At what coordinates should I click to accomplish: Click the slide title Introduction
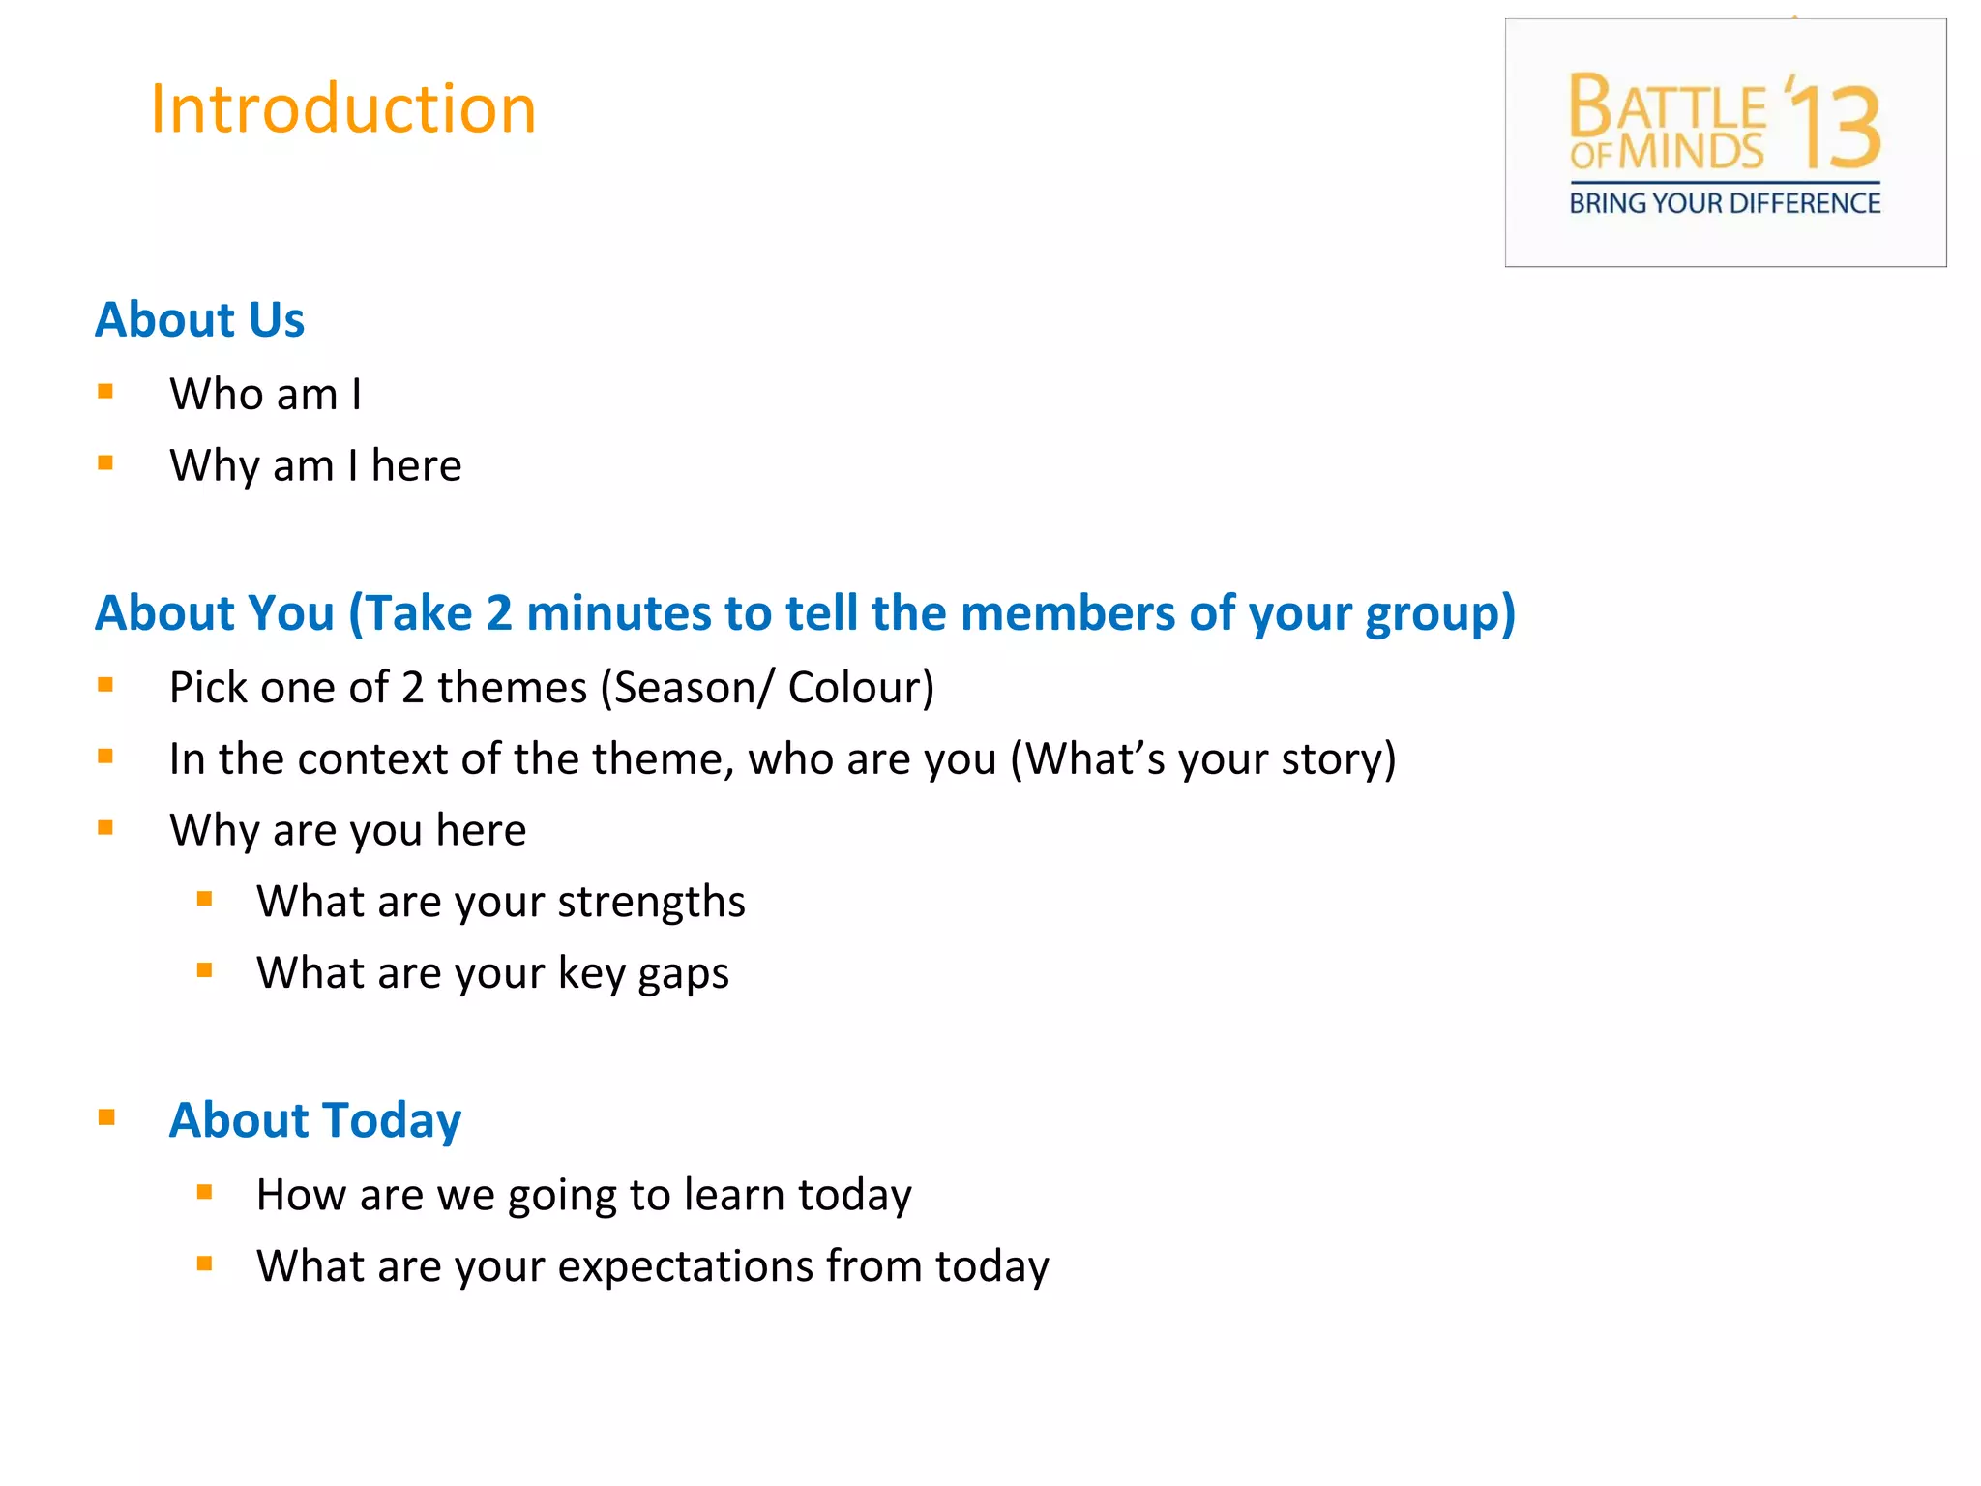(x=342, y=108)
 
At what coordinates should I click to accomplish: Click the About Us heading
(x=199, y=319)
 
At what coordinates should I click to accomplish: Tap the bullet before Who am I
(x=105, y=392)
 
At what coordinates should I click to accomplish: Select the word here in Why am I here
(x=416, y=466)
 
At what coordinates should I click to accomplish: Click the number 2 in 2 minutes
(x=498, y=613)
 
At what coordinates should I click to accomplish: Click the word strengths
(x=651, y=902)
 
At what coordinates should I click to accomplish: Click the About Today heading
(x=314, y=1120)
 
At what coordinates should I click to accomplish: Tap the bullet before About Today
(x=106, y=1118)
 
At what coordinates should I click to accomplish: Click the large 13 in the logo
(x=1836, y=126)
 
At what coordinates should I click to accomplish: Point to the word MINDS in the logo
(x=1691, y=152)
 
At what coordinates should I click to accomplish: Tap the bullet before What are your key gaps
(x=204, y=970)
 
